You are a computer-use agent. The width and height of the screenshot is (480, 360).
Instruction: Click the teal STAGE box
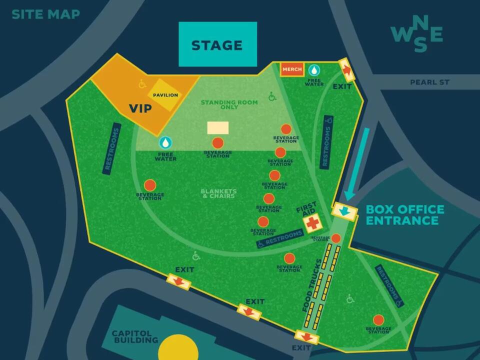click(x=217, y=44)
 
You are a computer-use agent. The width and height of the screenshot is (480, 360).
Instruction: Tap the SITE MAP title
click(x=45, y=14)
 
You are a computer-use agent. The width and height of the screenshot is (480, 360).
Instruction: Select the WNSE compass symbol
click(x=416, y=34)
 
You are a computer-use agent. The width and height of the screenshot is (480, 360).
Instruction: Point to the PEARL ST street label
click(x=429, y=82)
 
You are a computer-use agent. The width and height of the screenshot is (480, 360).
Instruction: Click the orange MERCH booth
click(x=292, y=69)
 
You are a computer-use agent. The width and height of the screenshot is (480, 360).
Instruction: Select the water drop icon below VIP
click(x=165, y=143)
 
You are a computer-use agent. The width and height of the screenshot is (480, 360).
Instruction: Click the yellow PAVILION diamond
click(x=165, y=95)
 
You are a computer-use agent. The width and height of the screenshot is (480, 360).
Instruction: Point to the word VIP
click(x=140, y=108)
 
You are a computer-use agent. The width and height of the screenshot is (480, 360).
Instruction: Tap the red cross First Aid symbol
click(x=313, y=223)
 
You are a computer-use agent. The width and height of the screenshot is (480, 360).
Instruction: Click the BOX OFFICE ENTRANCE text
click(x=404, y=215)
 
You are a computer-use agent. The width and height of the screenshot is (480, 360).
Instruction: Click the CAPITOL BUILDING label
click(x=135, y=336)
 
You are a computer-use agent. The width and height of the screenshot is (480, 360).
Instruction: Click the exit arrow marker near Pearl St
click(x=346, y=69)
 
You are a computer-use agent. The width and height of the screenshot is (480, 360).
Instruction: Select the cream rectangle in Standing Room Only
click(x=218, y=127)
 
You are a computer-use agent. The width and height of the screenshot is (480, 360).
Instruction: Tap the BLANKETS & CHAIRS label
click(x=217, y=193)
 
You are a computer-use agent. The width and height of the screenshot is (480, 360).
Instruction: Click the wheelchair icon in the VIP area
click(x=142, y=84)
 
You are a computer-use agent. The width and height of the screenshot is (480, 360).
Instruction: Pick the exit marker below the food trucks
click(x=306, y=337)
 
